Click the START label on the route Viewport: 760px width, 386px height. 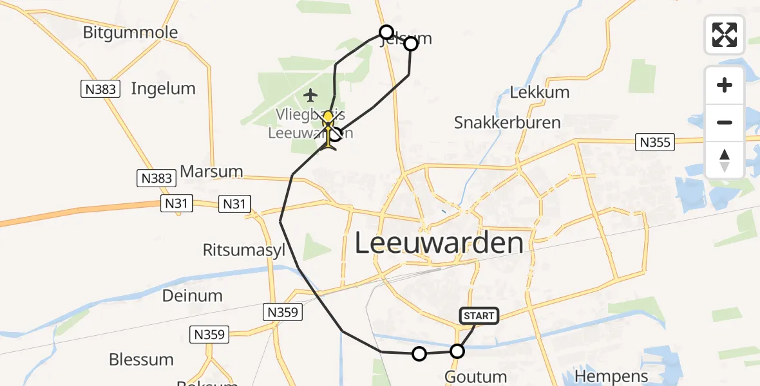(x=479, y=315)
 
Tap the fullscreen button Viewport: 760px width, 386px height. (x=725, y=35)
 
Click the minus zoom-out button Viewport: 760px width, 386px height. (x=725, y=122)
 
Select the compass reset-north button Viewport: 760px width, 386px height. (x=725, y=160)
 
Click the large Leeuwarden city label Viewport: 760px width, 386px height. (x=439, y=244)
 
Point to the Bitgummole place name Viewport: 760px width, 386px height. (x=131, y=32)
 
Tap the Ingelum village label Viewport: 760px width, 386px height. (x=163, y=88)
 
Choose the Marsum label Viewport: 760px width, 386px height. (x=212, y=171)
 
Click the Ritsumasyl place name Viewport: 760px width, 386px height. (x=244, y=250)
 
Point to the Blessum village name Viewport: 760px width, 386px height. (x=141, y=359)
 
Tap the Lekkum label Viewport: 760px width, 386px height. (x=540, y=92)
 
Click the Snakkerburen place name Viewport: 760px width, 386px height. (x=508, y=122)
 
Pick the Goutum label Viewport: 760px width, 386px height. (x=476, y=377)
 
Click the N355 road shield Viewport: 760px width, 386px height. (x=655, y=143)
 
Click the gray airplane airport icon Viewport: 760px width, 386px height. (x=310, y=96)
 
